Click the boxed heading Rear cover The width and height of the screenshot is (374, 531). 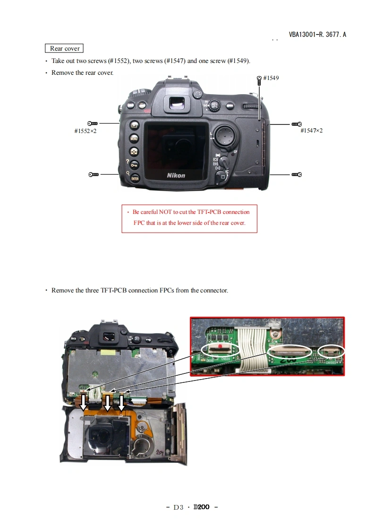pos(64,48)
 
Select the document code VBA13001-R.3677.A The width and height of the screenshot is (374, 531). pos(317,35)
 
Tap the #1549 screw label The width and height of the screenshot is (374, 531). pos(271,78)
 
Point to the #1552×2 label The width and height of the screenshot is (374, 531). pos(85,131)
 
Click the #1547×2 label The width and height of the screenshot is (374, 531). pos(312,130)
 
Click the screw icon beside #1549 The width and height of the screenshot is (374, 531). pos(259,80)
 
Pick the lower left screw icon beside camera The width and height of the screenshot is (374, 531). pos(93,175)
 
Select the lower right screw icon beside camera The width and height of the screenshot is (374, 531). pos(297,175)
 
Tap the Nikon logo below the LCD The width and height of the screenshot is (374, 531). pos(176,176)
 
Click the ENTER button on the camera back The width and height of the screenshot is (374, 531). pos(135,178)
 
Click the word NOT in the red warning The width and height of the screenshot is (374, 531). pos(165,212)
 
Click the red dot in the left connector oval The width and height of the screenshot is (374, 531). pos(220,346)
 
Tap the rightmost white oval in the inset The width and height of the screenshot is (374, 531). pos(331,351)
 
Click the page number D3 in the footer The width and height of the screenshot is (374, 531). pos(178,507)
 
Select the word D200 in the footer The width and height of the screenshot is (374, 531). pos(201,507)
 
